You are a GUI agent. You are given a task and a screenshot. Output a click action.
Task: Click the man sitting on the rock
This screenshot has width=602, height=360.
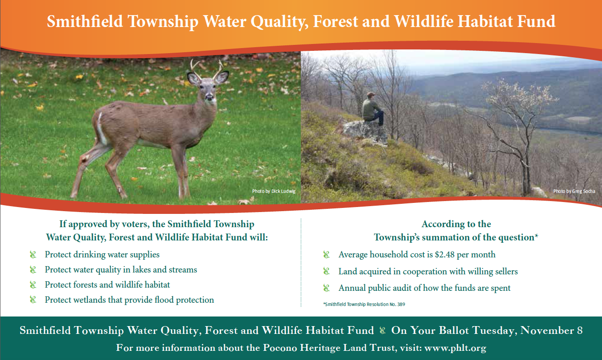[x=373, y=109]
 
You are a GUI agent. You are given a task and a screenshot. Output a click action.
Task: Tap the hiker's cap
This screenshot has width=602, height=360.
[x=371, y=94]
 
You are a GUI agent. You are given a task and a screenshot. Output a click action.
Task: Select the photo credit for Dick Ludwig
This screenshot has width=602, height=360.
[x=274, y=191]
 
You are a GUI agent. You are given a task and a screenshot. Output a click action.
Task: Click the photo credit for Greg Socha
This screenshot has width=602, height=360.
[x=574, y=191]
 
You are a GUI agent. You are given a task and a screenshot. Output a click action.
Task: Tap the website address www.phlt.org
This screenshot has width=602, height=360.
[x=455, y=348]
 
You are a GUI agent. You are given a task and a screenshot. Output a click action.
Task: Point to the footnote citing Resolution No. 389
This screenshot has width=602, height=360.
[x=364, y=304]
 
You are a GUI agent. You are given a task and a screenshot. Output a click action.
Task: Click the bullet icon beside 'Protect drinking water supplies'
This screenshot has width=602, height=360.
[x=33, y=254]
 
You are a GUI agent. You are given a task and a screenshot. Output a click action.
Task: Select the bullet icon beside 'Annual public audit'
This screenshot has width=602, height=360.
[x=326, y=288]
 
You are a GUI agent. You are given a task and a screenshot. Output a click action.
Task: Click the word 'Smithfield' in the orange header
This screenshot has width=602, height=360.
[x=85, y=21]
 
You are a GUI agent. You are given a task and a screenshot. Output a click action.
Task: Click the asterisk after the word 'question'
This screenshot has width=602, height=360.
[x=537, y=235]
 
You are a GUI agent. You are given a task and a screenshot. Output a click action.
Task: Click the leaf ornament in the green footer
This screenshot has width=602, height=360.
[x=382, y=330]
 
